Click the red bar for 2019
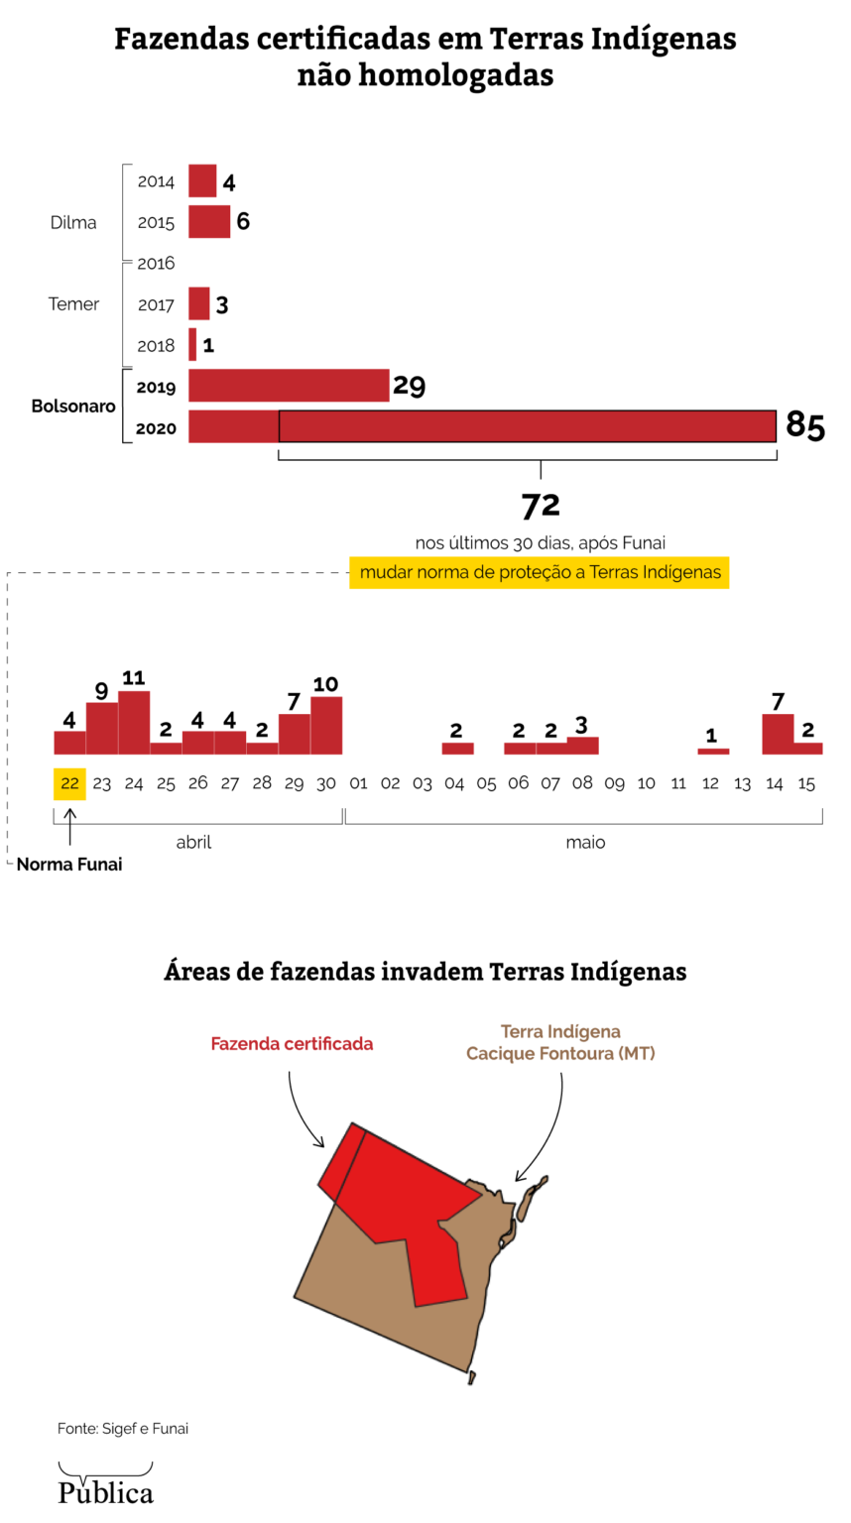click(x=289, y=386)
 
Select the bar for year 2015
click(x=209, y=222)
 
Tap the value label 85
click(x=804, y=425)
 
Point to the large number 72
click(x=541, y=506)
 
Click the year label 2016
click(x=156, y=264)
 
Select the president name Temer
click(x=74, y=304)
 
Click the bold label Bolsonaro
click(x=73, y=407)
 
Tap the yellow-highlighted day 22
click(x=69, y=783)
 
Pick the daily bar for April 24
click(x=134, y=723)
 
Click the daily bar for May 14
click(x=778, y=735)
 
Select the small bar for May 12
click(x=713, y=752)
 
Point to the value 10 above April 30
click(x=325, y=684)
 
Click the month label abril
click(x=194, y=843)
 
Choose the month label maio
click(x=585, y=843)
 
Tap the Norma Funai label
click(x=69, y=865)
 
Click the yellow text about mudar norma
click(x=540, y=573)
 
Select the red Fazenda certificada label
click(x=292, y=1044)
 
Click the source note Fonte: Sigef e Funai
click(x=123, y=1429)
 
